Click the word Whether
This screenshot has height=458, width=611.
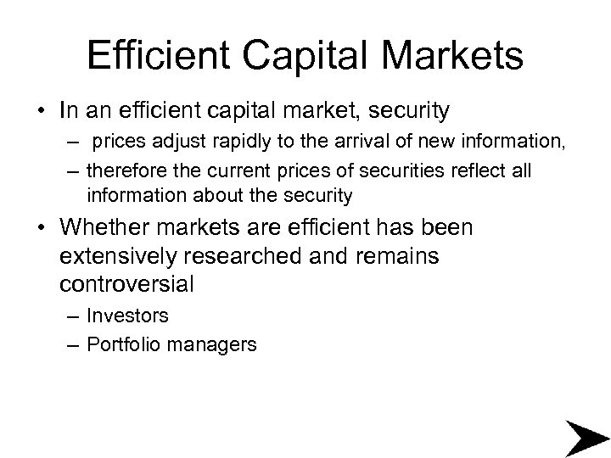tap(109, 229)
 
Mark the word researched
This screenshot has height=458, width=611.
tap(273, 256)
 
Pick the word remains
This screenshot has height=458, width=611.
tap(399, 256)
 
